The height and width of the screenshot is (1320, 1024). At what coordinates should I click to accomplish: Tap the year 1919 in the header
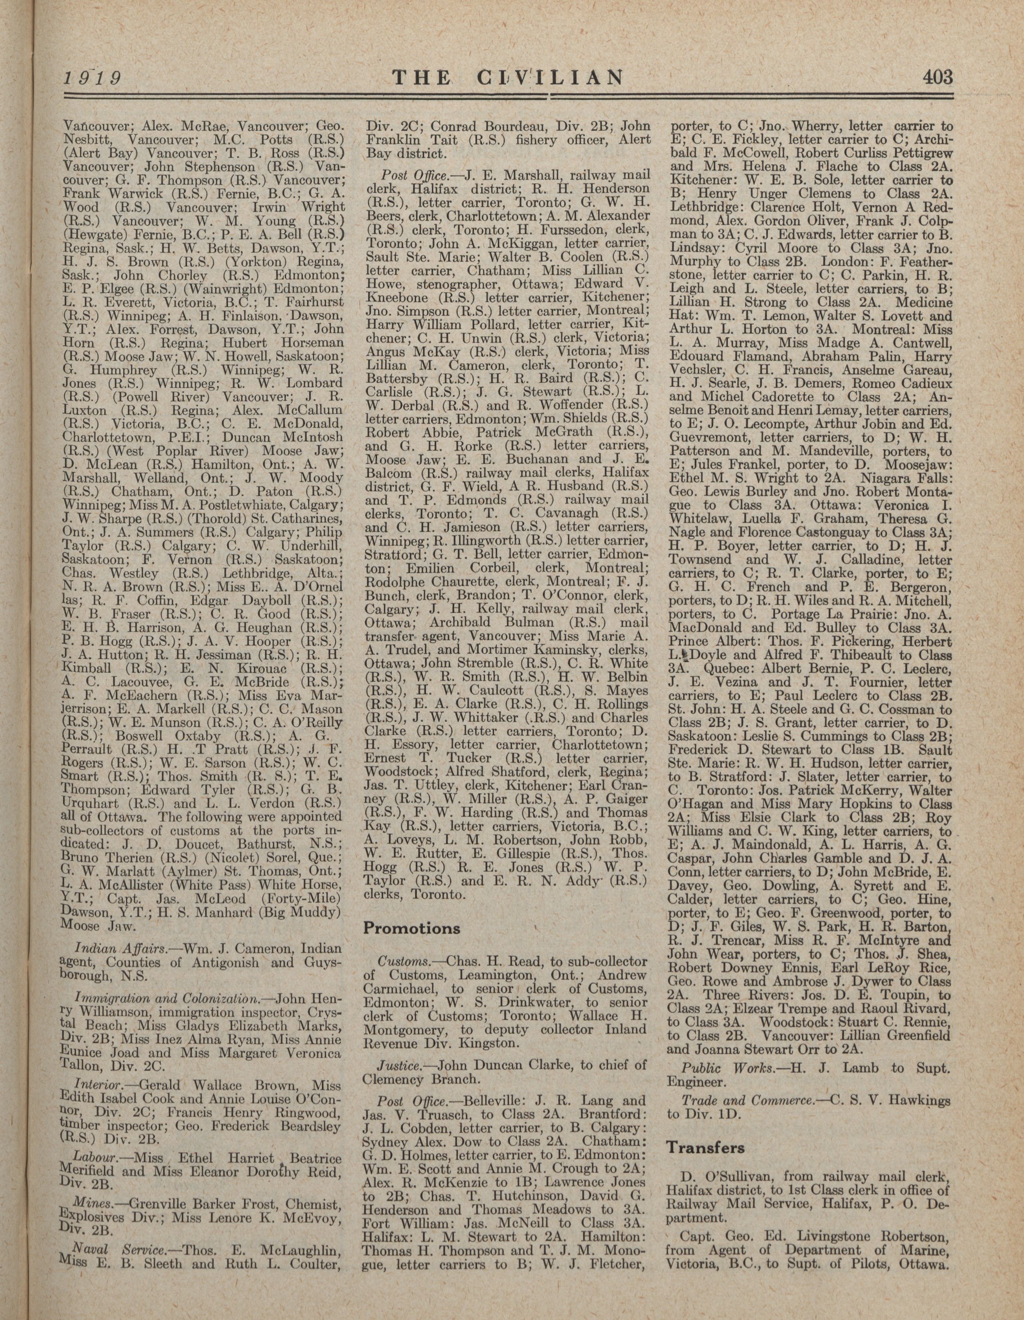(93, 78)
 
